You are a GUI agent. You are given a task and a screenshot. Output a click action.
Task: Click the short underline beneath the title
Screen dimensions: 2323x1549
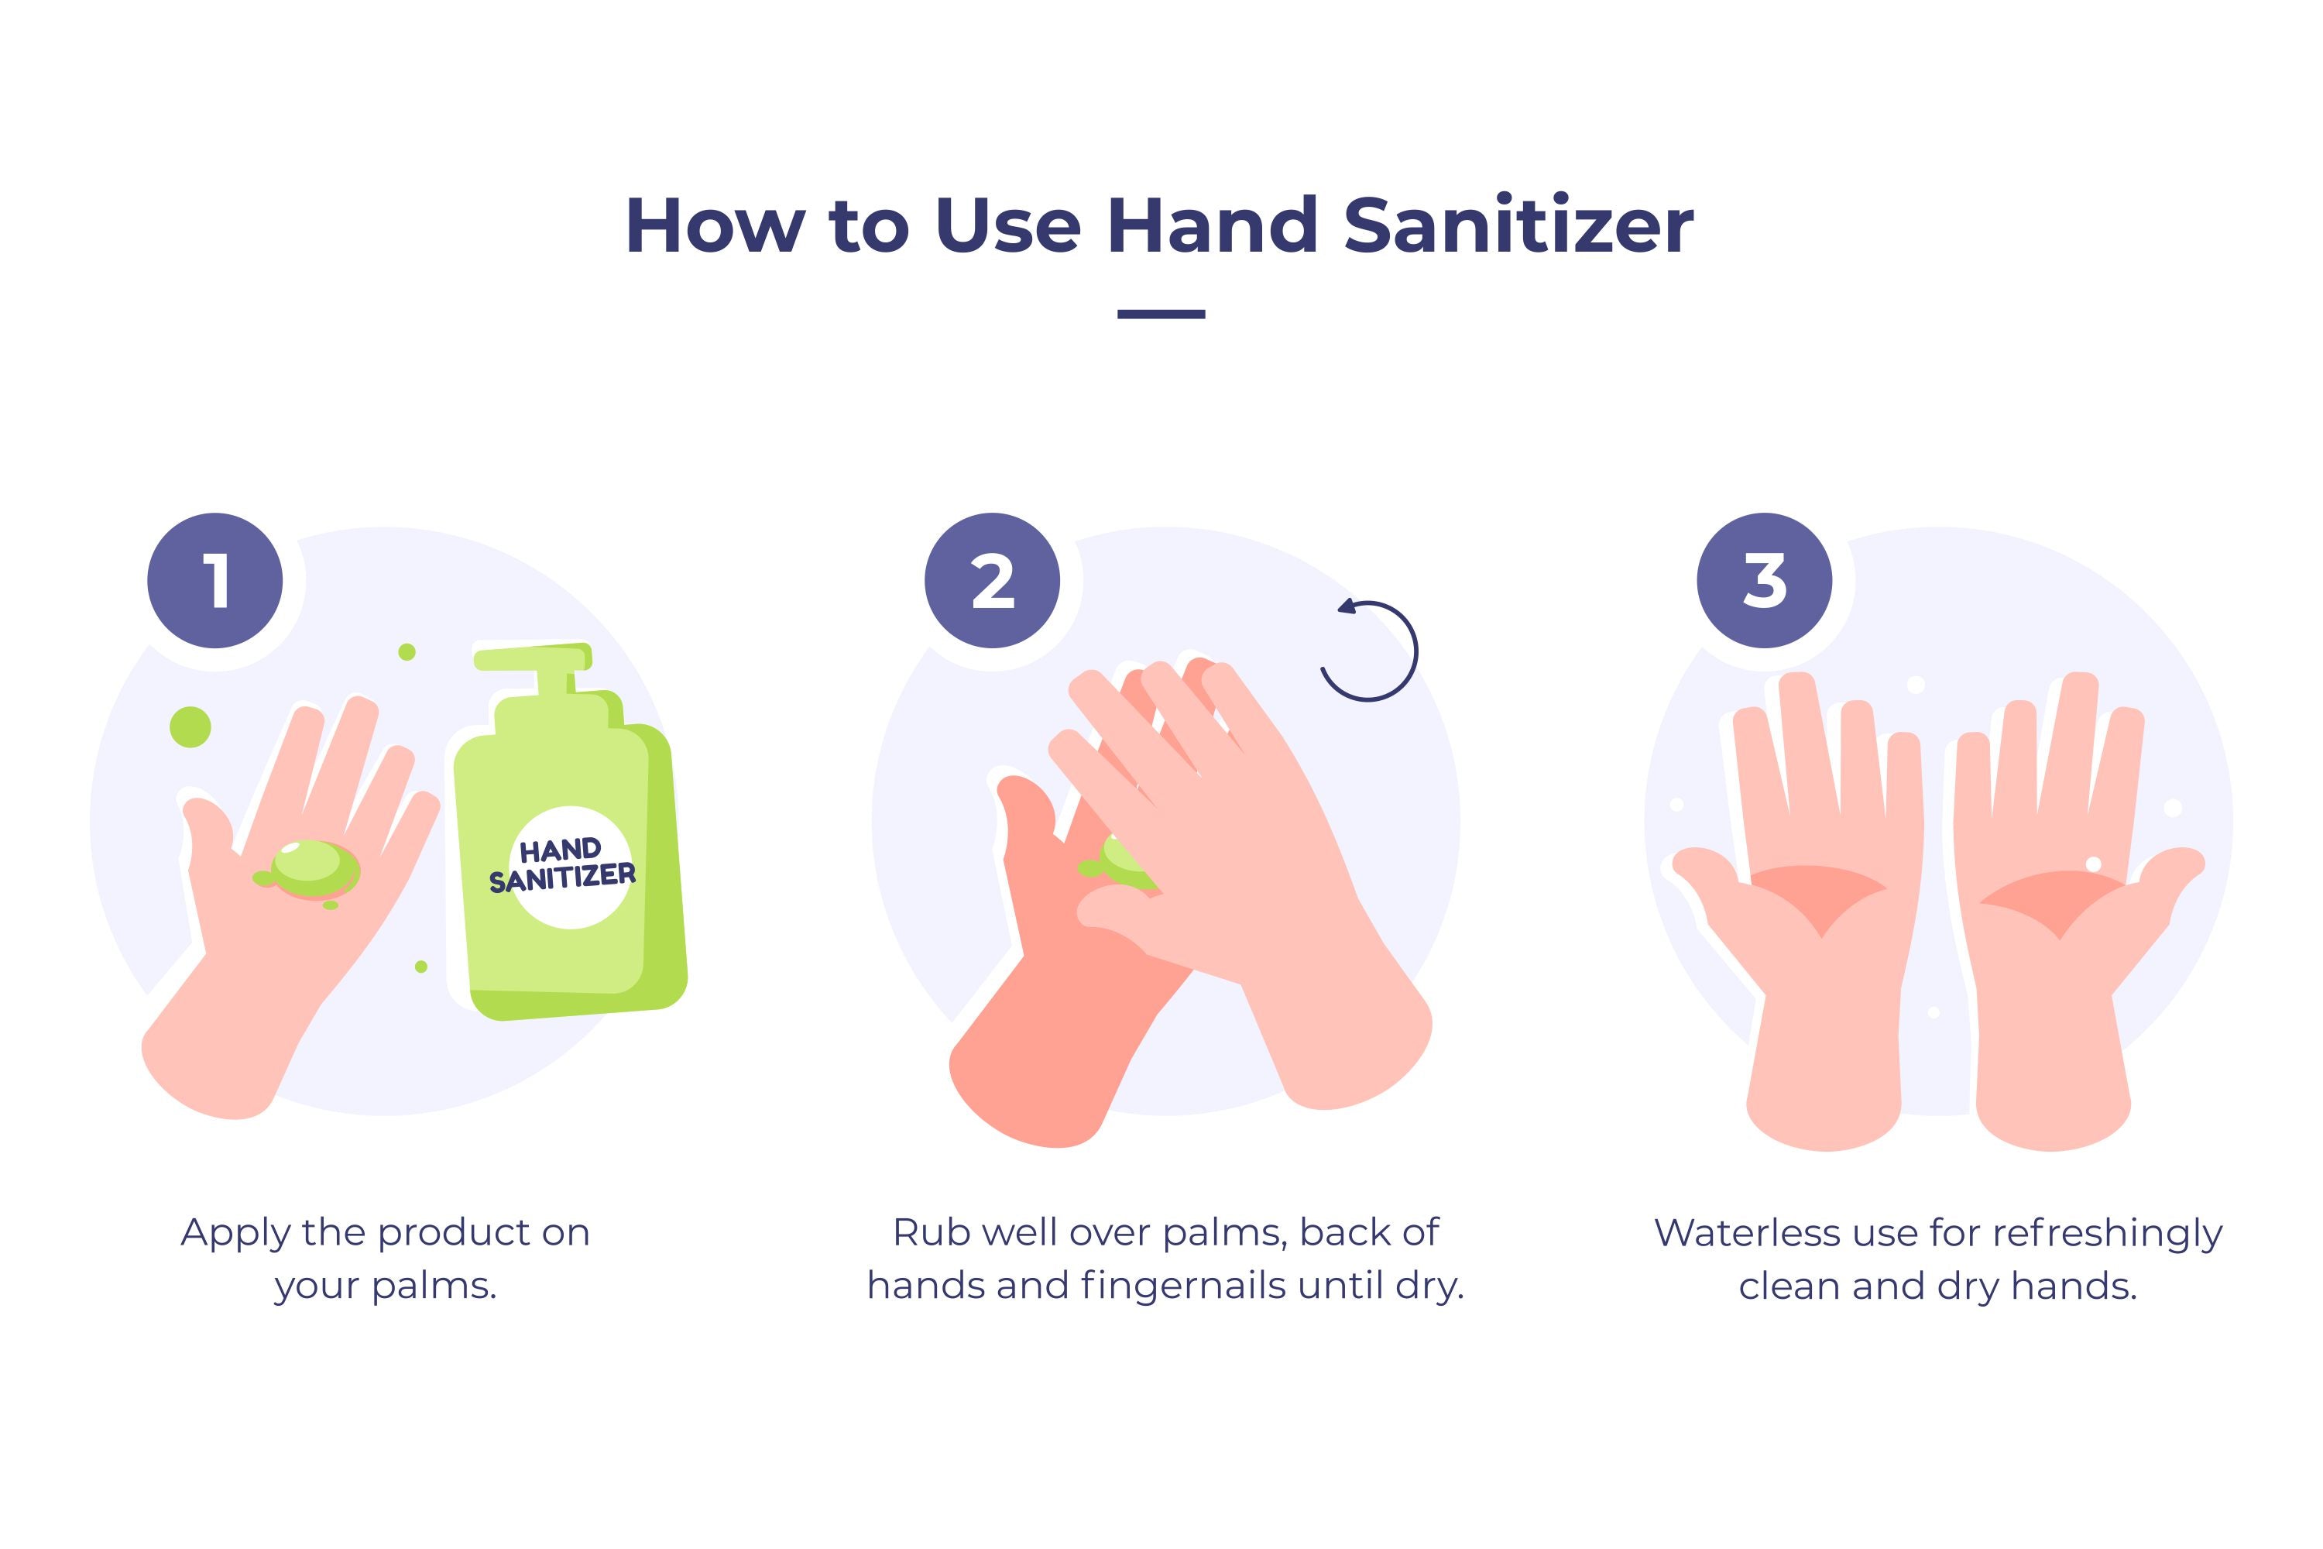(x=1161, y=314)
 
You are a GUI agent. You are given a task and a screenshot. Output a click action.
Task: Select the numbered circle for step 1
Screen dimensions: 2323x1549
(x=215, y=581)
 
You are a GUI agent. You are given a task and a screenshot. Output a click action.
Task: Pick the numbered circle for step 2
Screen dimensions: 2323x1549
(x=993, y=581)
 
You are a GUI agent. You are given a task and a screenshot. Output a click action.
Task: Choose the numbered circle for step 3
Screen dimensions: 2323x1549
(x=1765, y=581)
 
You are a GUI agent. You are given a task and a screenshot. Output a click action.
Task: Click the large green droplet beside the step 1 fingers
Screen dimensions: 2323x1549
(x=190, y=727)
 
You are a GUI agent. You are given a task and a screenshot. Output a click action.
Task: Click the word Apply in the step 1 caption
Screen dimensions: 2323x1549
(x=235, y=1235)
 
